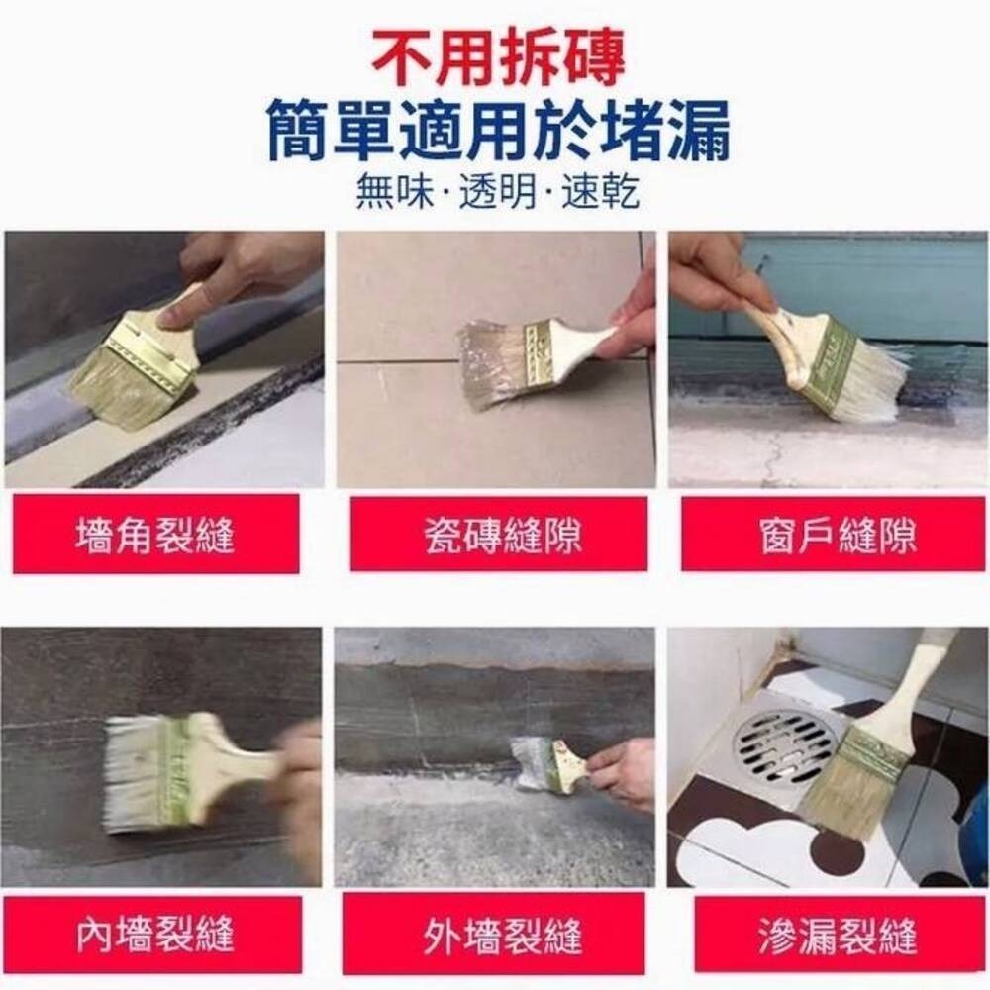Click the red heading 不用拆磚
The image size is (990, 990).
[498, 59]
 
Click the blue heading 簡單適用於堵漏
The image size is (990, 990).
[498, 134]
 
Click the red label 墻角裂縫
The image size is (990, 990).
[155, 535]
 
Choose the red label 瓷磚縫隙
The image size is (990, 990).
[498, 535]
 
